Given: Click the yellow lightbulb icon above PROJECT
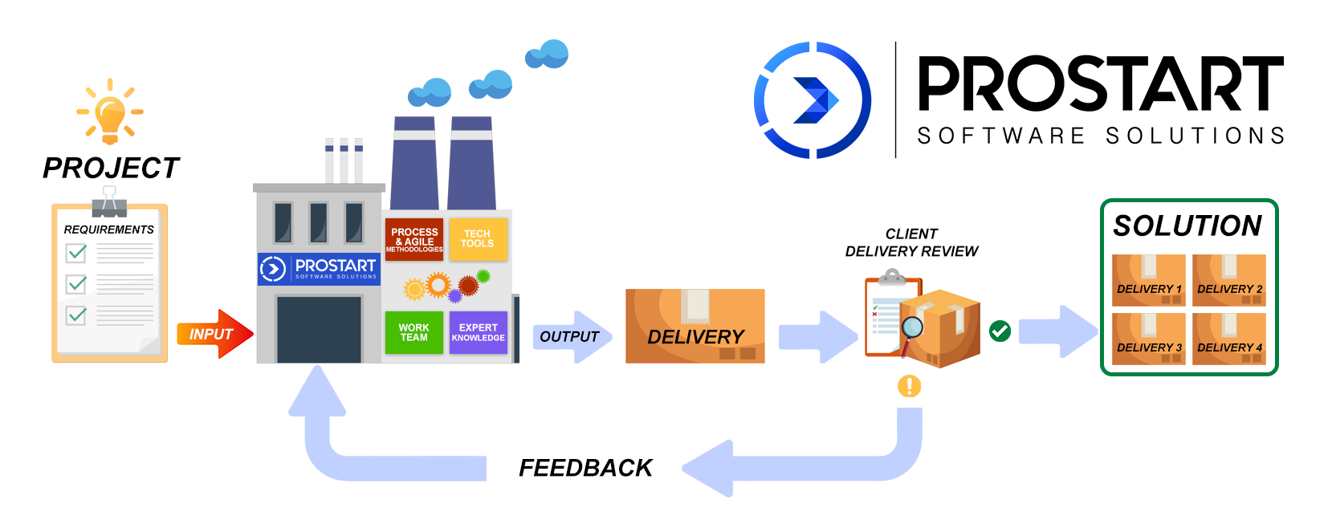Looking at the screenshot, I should coord(110,113).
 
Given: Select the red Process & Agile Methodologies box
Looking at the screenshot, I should coord(414,239).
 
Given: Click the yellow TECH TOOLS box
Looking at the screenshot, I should coord(478,239).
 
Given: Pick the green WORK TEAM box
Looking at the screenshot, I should coord(414,332).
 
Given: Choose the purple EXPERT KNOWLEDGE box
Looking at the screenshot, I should coord(479,332).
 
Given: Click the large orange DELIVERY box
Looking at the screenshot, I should coord(695,327).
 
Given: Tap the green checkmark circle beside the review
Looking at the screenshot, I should coord(1000,331).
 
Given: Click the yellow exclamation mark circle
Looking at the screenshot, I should coord(909,386).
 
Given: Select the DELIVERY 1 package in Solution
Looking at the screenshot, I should coord(1148,281).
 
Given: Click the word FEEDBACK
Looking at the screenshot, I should coord(585,468).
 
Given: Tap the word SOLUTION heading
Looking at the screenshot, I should coord(1187,226).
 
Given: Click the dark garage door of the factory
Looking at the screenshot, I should coord(319,329).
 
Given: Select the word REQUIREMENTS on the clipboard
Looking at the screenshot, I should coord(108,230).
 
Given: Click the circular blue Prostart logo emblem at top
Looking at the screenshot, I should coord(813,100).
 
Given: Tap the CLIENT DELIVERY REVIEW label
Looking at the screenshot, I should coord(911,242).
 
